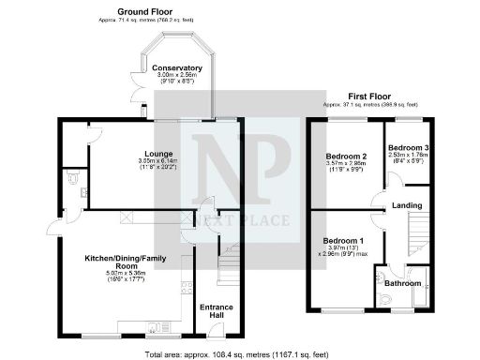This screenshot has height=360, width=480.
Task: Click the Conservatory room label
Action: click(x=177, y=67)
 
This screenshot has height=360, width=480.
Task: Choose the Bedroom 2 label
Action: click(x=345, y=155)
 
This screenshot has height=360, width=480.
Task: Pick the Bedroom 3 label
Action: click(x=408, y=148)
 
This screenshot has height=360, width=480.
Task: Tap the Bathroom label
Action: click(x=401, y=282)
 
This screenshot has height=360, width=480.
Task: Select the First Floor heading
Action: click(x=369, y=96)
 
